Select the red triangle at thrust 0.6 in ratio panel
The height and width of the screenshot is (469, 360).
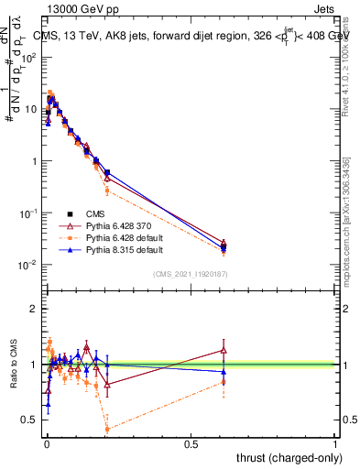tap(224, 350)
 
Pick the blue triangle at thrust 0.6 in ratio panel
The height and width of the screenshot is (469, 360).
tap(224, 372)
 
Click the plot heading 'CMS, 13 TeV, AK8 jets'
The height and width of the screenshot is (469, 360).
tap(101, 35)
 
